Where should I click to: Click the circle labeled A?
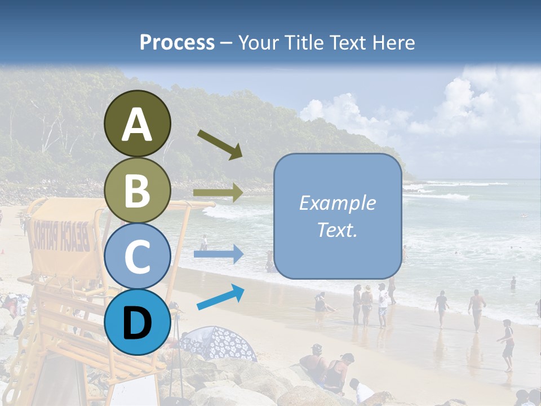pos(137,123)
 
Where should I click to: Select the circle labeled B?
pos(137,191)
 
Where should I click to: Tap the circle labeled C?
pos(137,257)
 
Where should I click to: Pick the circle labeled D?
pos(137,323)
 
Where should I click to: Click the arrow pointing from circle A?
pos(220,144)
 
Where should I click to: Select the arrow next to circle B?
pos(218,193)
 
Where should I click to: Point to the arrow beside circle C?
pos(218,254)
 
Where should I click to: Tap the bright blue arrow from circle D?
pos(220,297)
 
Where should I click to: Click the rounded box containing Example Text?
pos(337,216)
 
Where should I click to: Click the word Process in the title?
pos(177,42)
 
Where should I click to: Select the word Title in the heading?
pos(303,42)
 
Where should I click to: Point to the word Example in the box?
pos(337,203)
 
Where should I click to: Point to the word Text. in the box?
pos(337,230)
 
